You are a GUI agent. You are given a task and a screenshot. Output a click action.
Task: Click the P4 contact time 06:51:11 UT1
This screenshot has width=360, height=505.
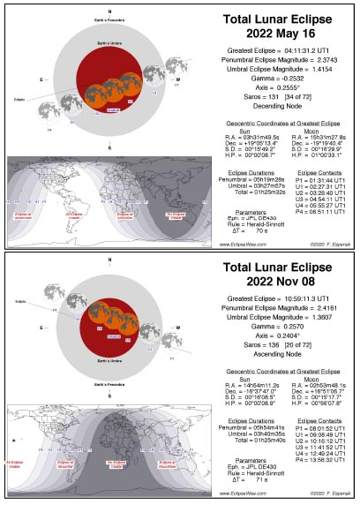[324, 212]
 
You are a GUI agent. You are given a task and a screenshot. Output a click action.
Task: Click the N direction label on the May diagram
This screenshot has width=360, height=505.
[109, 10]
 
